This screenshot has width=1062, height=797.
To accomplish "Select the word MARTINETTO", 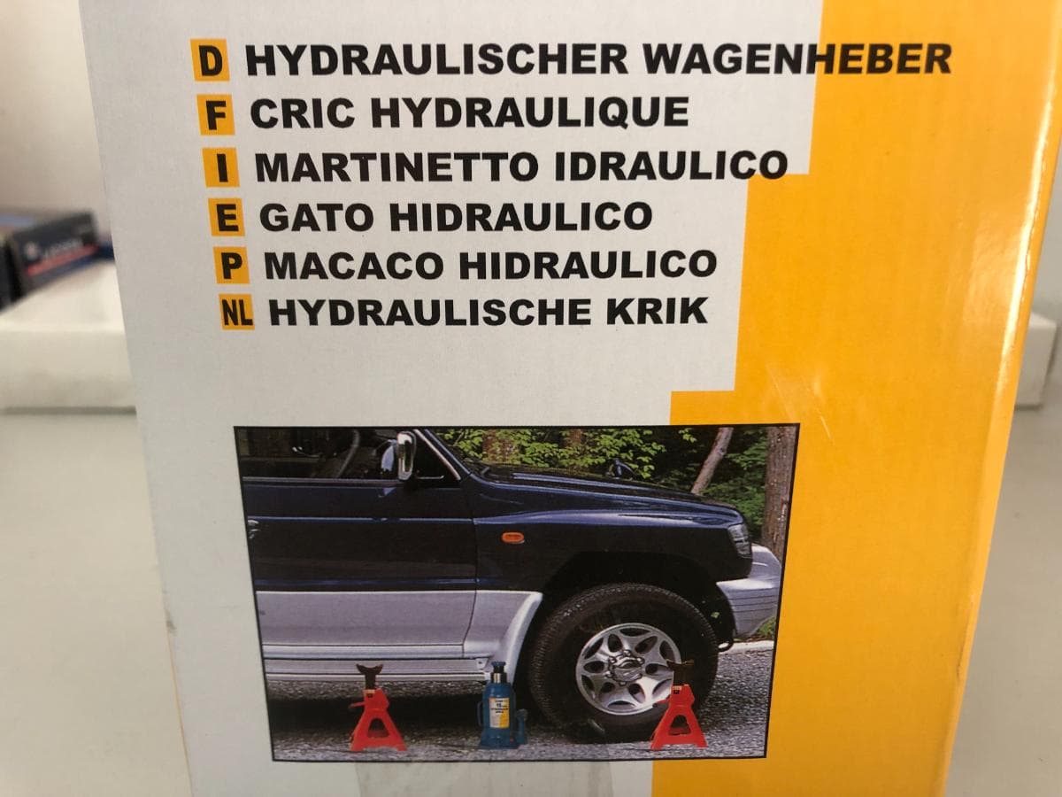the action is coord(396,165).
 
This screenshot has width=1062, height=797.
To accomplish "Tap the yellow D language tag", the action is coord(210,60).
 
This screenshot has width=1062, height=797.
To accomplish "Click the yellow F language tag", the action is coord(216,113).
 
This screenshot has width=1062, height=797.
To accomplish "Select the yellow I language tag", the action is coord(221,167).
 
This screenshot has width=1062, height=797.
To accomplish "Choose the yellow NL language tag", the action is coord(236,312).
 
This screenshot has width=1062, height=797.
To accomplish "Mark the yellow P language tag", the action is coord(232,265).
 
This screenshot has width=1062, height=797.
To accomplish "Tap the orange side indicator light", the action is coord(512,538).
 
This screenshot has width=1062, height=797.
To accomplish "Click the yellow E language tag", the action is coord(227,217).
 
